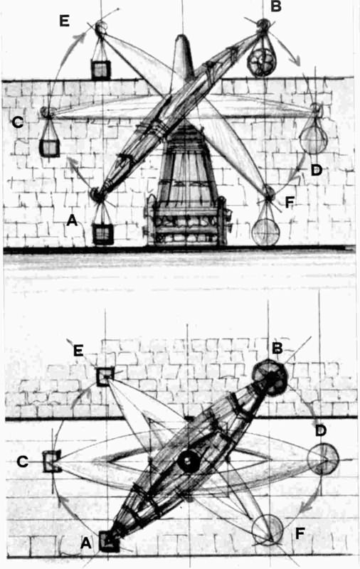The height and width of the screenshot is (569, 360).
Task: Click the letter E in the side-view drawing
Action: point(64,21)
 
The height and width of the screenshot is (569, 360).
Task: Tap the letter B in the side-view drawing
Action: point(276,6)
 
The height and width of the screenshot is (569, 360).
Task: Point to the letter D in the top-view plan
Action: point(321,431)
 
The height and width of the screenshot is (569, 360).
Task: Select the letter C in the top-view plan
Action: point(23,462)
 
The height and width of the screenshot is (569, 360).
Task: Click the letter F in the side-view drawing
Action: point(290,203)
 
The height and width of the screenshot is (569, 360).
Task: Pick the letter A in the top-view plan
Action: point(85,543)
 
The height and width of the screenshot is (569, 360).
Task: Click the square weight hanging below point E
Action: point(100,70)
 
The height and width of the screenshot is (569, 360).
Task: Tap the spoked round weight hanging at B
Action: point(261,62)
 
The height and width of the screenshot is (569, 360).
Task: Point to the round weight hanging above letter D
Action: point(314,140)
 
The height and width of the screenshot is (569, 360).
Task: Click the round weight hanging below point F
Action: point(266,232)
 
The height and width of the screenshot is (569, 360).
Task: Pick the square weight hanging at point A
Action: point(103,234)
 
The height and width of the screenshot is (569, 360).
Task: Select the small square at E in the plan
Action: point(105,376)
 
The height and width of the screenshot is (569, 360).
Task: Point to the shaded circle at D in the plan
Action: point(323,459)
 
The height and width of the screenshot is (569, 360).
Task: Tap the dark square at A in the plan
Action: point(109,541)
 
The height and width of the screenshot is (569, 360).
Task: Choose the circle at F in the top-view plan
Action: point(268,530)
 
